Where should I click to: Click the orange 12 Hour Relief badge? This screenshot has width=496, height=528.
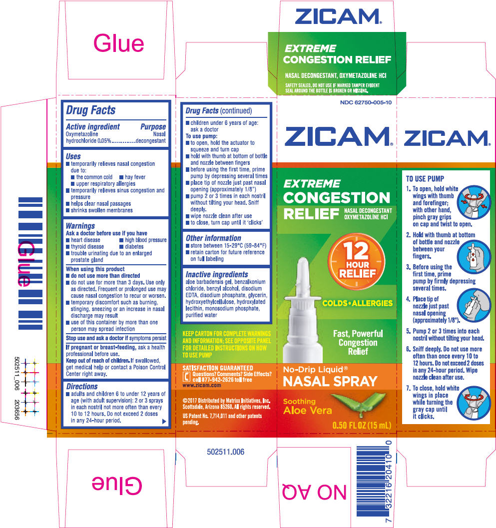click(357, 261)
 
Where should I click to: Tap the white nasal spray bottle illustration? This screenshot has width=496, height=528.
click(303, 310)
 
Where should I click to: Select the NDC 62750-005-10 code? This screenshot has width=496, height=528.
click(366, 102)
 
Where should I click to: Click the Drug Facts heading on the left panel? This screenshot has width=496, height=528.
click(90, 110)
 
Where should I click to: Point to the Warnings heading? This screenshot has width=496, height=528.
click(80, 226)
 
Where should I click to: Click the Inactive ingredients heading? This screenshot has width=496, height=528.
click(217, 274)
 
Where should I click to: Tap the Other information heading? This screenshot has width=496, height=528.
click(213, 238)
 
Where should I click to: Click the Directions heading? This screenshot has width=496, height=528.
click(82, 386)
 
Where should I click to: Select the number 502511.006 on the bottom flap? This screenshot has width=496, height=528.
click(226, 452)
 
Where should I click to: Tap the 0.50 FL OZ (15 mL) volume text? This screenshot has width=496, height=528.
click(362, 425)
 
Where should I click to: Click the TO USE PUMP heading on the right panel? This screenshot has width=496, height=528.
click(425, 179)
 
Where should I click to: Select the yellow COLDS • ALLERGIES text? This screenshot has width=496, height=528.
click(358, 303)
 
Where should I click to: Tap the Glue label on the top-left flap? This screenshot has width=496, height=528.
click(118, 44)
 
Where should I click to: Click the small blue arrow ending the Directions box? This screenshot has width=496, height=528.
click(164, 421)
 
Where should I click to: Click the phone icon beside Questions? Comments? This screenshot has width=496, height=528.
click(186, 377)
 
